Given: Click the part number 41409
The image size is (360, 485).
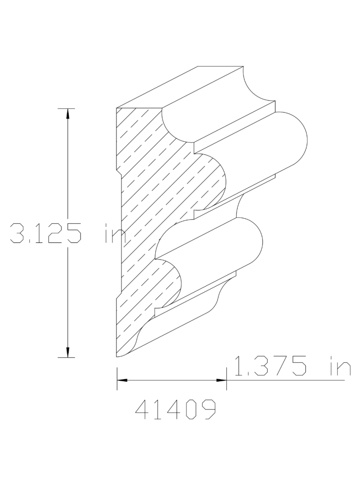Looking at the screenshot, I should pos(175,410).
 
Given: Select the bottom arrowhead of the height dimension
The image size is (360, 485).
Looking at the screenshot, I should pos(68,352).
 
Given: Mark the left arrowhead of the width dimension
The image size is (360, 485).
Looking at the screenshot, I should pos(122,380).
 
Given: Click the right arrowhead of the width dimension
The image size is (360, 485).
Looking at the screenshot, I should pos(221,380).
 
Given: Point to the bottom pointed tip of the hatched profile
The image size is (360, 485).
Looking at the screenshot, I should pos(117,357).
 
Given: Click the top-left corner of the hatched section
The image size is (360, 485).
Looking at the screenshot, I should pos(117,109).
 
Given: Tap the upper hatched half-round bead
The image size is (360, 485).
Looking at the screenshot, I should pos(214,178).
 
